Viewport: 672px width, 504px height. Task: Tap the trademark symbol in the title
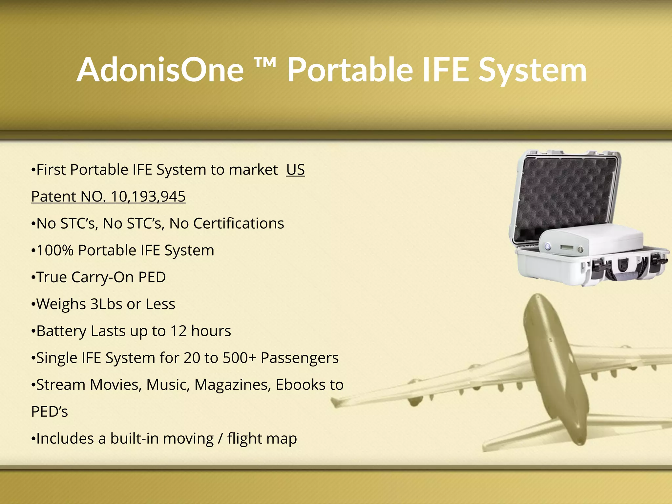click(x=265, y=62)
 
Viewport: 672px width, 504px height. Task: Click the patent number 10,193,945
click(x=148, y=197)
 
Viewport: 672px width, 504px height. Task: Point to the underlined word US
click(x=295, y=170)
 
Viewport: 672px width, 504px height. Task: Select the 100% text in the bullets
click(x=55, y=250)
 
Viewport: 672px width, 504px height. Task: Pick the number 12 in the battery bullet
click(x=178, y=331)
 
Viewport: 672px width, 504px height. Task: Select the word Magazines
click(x=233, y=385)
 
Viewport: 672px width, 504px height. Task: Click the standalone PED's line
click(x=50, y=412)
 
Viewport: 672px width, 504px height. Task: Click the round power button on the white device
click(x=548, y=246)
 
